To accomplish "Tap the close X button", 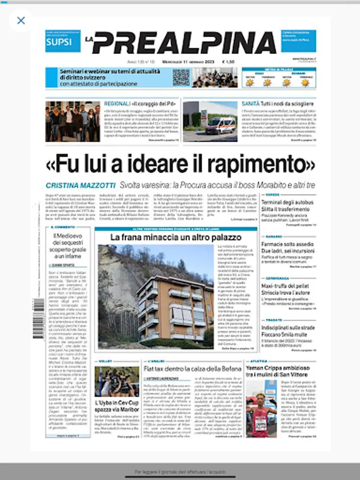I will tap(21, 21).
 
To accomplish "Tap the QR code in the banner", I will tap(181, 77).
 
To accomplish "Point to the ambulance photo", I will tap(203, 122).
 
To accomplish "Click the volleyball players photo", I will tap(117, 382).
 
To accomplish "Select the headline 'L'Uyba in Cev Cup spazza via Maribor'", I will tap(116, 406).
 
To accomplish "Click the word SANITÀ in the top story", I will tap(251, 104).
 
